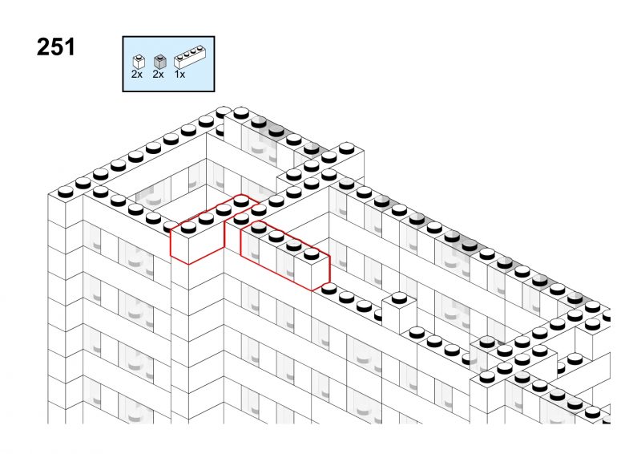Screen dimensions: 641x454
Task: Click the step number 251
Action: [x=56, y=47]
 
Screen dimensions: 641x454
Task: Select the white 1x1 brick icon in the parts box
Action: [x=139, y=62]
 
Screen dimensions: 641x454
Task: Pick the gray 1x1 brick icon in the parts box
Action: [x=159, y=62]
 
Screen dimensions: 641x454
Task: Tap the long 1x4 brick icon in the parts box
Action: [x=190, y=59]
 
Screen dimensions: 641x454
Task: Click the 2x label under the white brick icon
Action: [x=137, y=74]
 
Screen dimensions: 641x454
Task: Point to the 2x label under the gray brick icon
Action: [x=158, y=74]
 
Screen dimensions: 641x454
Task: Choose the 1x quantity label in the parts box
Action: [x=179, y=74]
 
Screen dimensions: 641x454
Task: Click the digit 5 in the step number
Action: [x=56, y=47]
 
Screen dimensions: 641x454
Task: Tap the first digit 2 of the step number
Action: [x=43, y=47]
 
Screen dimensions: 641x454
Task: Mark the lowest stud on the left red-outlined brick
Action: [x=188, y=226]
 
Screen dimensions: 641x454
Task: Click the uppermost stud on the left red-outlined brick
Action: [x=241, y=201]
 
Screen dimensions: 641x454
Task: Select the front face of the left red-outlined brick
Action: [x=179, y=247]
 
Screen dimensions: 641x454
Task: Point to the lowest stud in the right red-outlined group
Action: [x=312, y=253]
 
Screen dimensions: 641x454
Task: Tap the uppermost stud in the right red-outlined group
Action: [x=258, y=227]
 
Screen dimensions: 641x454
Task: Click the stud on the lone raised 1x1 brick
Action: [x=399, y=298]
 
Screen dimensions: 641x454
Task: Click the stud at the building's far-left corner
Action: [x=66, y=191]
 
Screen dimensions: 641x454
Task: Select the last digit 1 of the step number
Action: [x=70, y=47]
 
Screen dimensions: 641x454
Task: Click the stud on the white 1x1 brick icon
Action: [x=139, y=56]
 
